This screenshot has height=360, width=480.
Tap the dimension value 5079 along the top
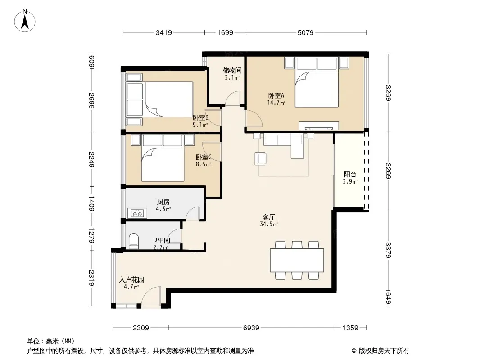tap(305, 33)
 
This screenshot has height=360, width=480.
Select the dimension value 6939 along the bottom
tap(251, 328)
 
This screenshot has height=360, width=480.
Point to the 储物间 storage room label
tap(232, 70)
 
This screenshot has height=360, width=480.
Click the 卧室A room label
tap(276, 95)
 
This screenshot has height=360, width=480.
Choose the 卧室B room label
tap(200, 117)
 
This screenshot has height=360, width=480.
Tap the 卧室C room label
tap(204, 157)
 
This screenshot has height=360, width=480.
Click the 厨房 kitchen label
tap(163, 202)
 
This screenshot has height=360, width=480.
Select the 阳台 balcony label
tap(350, 174)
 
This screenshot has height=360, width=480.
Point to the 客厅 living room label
tap(269, 217)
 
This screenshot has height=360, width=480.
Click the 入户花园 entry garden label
tap(131, 279)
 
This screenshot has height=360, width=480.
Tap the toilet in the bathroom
tap(134, 241)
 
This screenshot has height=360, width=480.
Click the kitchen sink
tap(137, 213)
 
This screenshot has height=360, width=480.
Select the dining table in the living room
tap(297, 260)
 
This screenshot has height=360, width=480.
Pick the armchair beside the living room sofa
tap(261, 159)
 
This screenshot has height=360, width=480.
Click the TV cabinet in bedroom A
tap(319, 126)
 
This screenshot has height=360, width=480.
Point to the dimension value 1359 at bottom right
tap(350, 328)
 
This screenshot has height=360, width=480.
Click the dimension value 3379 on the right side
tap(388, 250)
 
